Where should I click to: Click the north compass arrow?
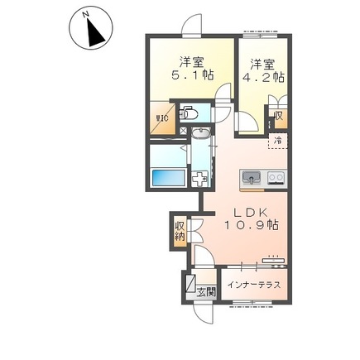[95, 32]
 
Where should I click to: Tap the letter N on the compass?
[85, 14]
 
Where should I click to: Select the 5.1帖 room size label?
[193, 75]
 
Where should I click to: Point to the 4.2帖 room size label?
[263, 78]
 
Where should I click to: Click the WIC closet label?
[162, 118]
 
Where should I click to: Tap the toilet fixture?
[189, 113]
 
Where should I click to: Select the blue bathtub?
[168, 178]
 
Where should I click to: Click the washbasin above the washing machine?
[201, 133]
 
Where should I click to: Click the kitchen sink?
[251, 176]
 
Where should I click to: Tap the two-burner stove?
[276, 177]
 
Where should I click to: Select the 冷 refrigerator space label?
[278, 141]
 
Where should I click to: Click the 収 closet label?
[279, 116]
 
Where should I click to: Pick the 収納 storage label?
[180, 231]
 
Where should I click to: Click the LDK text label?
[251, 213]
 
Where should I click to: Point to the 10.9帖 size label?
[251, 226]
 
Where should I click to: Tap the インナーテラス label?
[254, 285]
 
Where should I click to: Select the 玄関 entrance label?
[206, 292]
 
